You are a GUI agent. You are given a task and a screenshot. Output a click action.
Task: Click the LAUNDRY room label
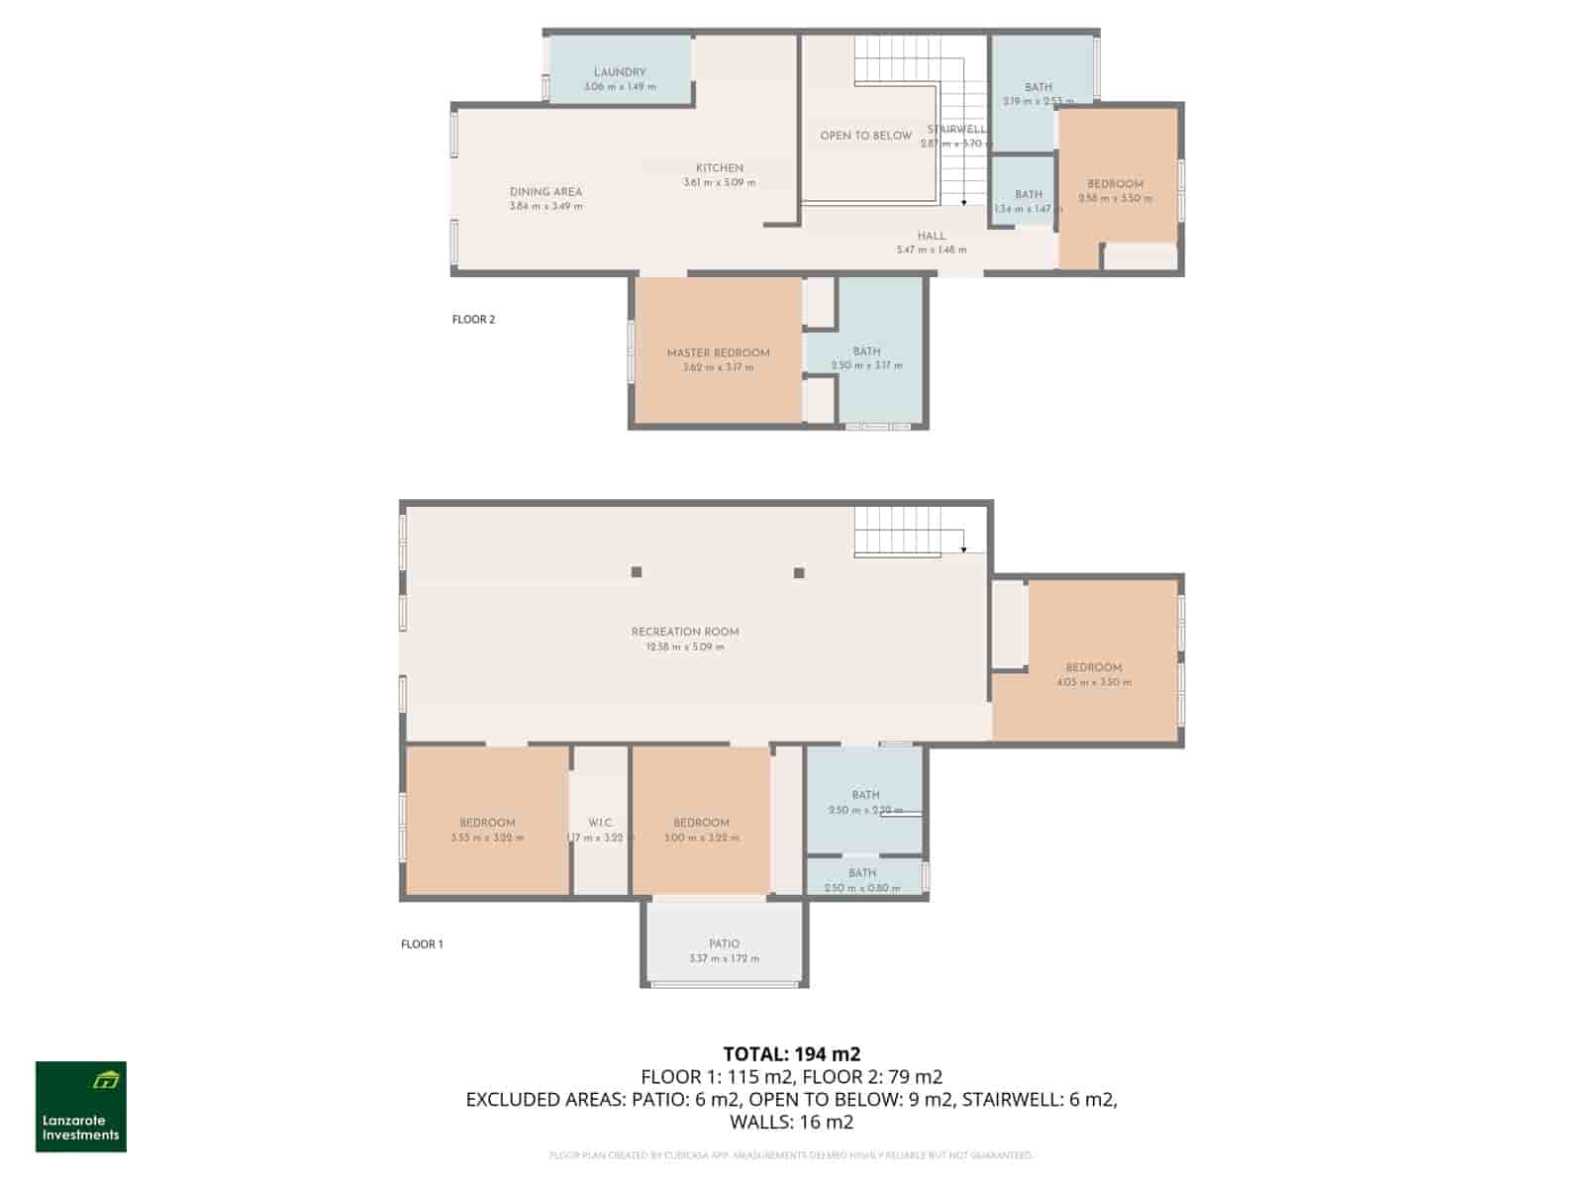click(x=620, y=72)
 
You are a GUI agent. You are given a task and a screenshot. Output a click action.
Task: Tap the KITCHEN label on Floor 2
click(x=719, y=168)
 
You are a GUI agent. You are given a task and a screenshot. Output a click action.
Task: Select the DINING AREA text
click(x=545, y=192)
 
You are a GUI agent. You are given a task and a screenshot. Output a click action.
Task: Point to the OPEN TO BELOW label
click(x=865, y=136)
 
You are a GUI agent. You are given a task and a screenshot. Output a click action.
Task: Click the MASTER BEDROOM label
click(x=718, y=353)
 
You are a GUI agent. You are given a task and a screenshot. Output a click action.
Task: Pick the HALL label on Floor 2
click(x=931, y=237)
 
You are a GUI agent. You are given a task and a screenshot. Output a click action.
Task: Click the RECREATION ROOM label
click(x=685, y=632)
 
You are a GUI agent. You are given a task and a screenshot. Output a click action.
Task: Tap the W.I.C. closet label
click(x=600, y=823)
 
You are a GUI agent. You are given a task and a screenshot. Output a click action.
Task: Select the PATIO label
click(x=724, y=944)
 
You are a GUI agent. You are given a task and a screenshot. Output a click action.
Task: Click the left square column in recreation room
click(x=637, y=572)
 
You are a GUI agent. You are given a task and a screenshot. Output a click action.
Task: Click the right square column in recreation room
click(x=799, y=572)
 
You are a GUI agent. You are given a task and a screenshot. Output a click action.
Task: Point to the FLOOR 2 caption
click(x=473, y=320)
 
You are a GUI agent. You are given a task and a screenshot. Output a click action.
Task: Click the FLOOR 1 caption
click(x=422, y=944)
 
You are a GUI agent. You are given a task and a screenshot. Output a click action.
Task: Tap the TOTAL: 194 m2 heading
click(x=791, y=1053)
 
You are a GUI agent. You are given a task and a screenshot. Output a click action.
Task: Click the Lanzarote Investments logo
click(x=81, y=1107)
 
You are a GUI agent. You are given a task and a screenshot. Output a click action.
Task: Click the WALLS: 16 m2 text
click(x=791, y=1122)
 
